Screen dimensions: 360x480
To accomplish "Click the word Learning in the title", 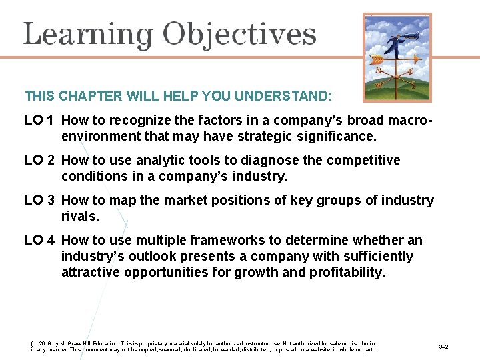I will [88, 35].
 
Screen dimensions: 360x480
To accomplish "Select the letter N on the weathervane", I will [379, 70].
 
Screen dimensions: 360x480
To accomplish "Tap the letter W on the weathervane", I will [379, 85].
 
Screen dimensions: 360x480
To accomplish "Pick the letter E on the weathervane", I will [411, 71].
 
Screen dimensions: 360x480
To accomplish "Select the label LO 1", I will [39, 121].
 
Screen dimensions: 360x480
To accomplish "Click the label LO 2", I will [39, 161].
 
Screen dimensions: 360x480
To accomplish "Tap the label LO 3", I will [39, 201].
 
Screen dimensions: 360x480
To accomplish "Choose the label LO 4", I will [39, 241].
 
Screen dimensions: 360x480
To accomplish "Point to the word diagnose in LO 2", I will [274, 161].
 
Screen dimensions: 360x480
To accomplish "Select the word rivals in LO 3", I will [79, 217].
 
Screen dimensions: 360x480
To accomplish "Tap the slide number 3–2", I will [443, 347].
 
